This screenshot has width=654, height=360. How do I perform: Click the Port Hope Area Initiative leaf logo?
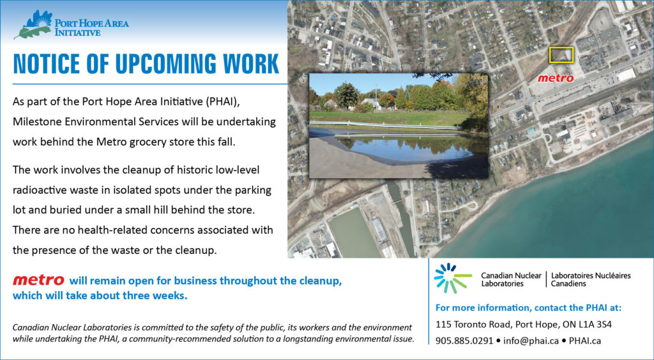[x=33, y=25]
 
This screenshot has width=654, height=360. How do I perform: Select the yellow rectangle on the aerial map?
[x=561, y=55]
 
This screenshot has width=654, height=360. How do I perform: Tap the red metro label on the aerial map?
[x=556, y=78]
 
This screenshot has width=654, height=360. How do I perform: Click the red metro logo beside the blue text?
[x=38, y=280]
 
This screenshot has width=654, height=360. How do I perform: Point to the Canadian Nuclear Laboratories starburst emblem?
[x=453, y=278]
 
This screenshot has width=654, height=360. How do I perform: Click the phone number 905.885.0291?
[x=464, y=341]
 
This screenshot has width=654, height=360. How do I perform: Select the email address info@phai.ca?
[x=531, y=341]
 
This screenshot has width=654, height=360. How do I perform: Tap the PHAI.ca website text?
[x=585, y=341]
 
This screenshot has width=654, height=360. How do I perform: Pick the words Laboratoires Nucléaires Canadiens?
[x=591, y=280]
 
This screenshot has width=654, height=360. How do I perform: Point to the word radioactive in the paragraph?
[x=38, y=190]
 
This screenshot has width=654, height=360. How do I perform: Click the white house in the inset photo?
[x=371, y=103]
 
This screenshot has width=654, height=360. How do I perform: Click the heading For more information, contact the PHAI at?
[x=528, y=308]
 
